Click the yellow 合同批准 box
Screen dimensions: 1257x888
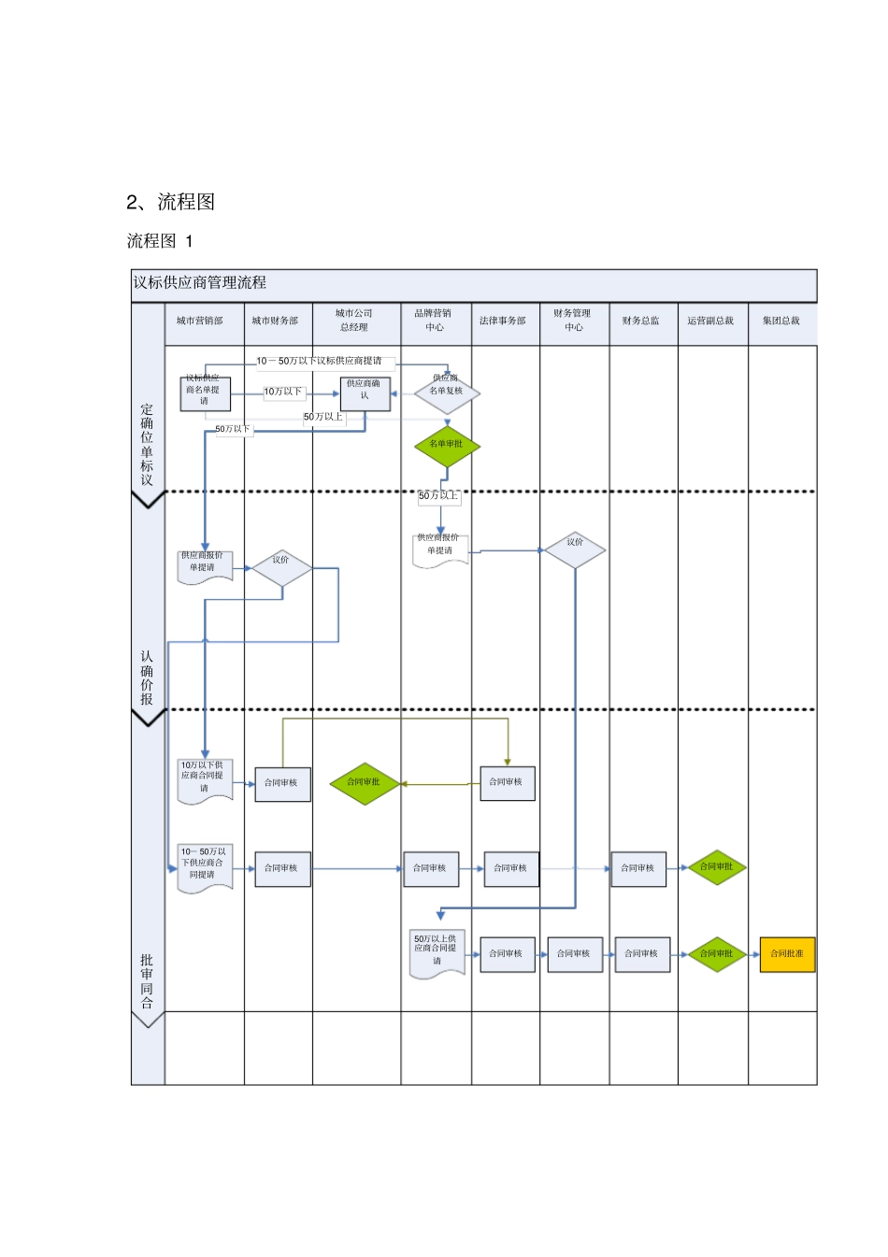tap(787, 954)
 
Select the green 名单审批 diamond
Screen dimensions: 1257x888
tap(447, 445)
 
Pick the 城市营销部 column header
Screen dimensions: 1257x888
tap(200, 321)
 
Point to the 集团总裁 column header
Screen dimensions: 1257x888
tap(781, 321)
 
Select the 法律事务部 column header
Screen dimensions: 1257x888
tap(503, 321)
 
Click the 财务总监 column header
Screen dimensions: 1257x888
tap(641, 321)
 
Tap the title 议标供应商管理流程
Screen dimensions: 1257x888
tap(200, 283)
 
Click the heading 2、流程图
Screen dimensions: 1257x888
tap(171, 202)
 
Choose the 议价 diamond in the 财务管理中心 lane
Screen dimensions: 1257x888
tap(575, 550)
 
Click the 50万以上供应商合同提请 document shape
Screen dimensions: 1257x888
tap(437, 952)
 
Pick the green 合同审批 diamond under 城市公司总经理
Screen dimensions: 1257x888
tap(365, 783)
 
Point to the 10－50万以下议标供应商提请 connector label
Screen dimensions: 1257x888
tap(320, 361)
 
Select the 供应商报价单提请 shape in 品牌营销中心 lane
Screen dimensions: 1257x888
tap(440, 549)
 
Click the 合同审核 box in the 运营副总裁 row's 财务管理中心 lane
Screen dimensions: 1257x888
tap(574, 954)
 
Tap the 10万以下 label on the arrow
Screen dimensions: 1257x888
tap(282, 392)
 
